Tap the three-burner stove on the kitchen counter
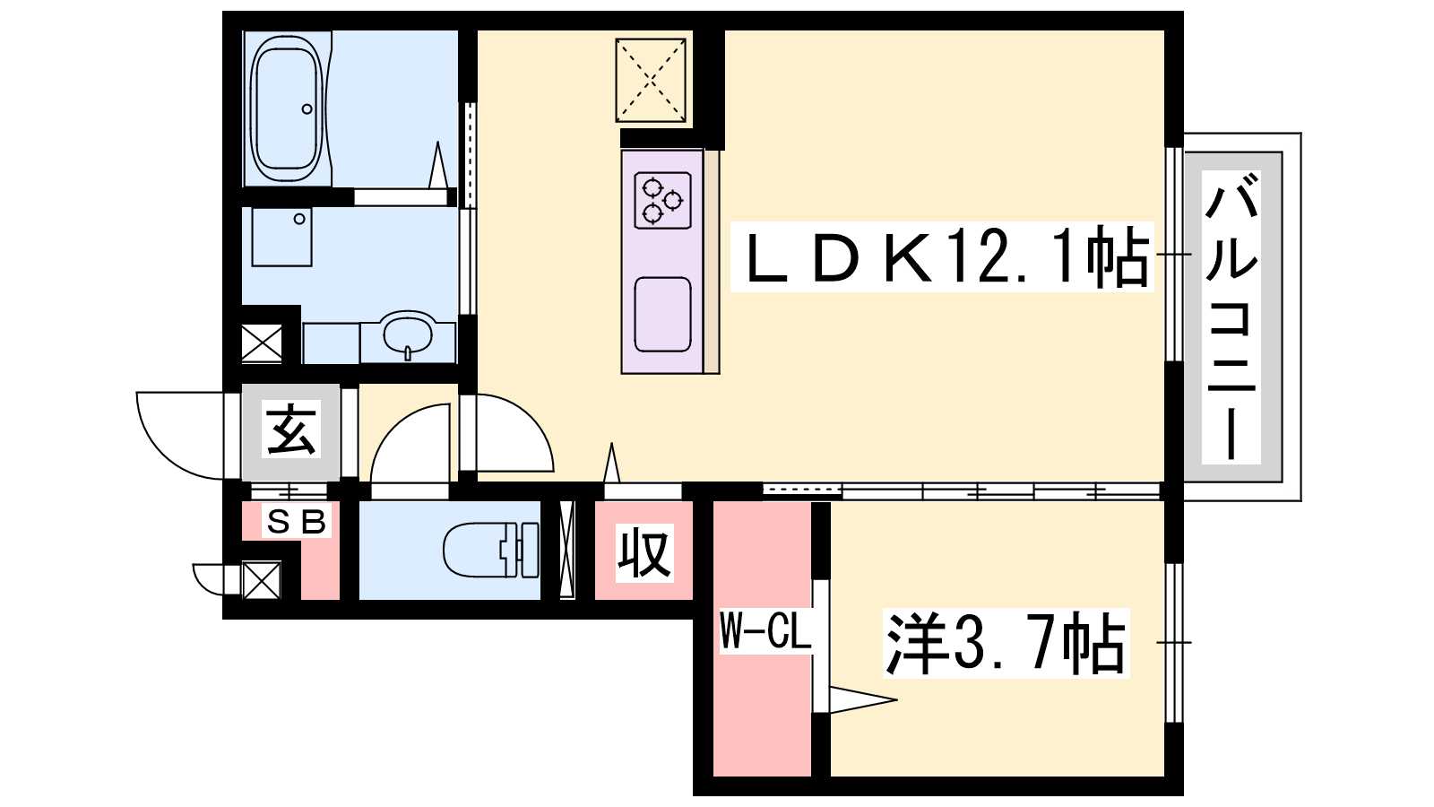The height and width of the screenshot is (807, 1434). (x=662, y=201)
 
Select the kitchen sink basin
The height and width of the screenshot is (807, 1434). (x=662, y=315)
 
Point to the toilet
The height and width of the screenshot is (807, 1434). (x=491, y=550)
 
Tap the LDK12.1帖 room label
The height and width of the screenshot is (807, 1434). (x=942, y=256)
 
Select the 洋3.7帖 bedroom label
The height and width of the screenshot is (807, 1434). (x=1006, y=643)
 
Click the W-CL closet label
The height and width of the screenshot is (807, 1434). (x=765, y=630)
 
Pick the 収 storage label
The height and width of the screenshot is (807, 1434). (x=644, y=552)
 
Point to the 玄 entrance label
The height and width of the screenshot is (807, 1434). (x=291, y=430)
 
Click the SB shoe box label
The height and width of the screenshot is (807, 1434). (x=297, y=521)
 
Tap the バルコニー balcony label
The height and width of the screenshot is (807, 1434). (x=1231, y=317)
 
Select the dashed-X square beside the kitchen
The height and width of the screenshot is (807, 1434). (x=651, y=80)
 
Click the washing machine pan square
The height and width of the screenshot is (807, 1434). (x=281, y=237)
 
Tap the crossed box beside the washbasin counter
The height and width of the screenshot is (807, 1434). (x=262, y=343)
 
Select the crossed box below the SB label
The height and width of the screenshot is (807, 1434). (x=261, y=580)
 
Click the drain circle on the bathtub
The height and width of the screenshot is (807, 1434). (x=307, y=108)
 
